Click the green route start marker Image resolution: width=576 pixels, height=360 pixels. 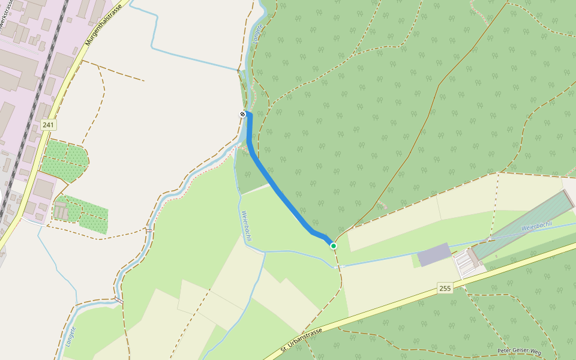[x=334, y=245]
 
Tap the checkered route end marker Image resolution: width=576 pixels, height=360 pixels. [x=242, y=114]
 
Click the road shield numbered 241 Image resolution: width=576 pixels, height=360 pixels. [x=49, y=125]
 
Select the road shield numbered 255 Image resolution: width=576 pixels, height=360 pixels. [x=445, y=288]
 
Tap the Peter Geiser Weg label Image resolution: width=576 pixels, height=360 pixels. [x=519, y=351]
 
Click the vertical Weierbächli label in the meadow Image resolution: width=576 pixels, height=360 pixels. [x=246, y=226]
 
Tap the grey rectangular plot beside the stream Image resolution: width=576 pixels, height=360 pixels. [x=434, y=255]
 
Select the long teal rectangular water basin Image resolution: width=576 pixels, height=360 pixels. [x=522, y=225]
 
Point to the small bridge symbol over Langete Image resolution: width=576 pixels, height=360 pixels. [x=148, y=230]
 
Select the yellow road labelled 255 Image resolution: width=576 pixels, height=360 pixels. [x=390, y=306]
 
